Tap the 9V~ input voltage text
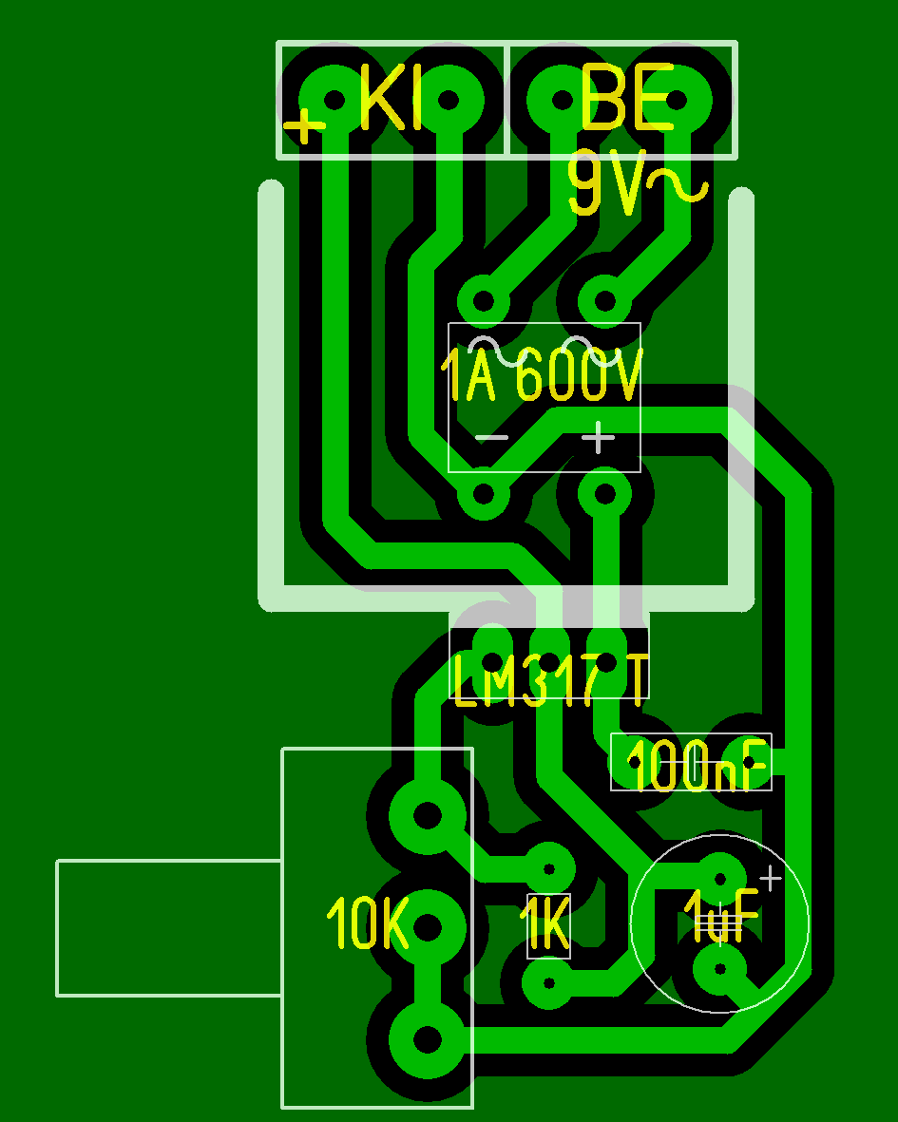(x=637, y=185)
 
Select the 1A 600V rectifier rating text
(x=543, y=376)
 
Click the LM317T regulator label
(x=550, y=679)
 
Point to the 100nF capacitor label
(x=697, y=766)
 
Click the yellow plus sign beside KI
(x=305, y=125)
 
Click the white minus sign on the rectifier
(x=491, y=438)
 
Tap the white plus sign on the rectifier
(x=599, y=438)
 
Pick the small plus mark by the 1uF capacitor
(x=771, y=878)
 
